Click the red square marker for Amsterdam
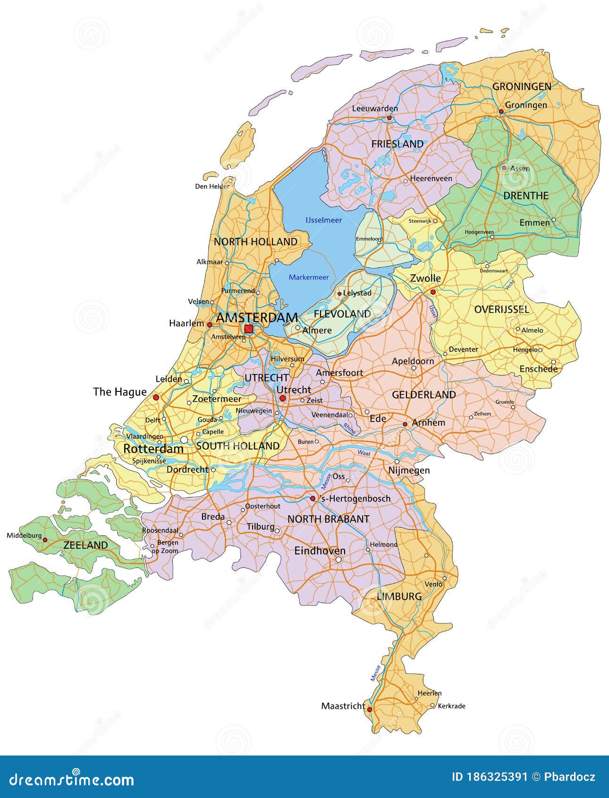tap(248, 329)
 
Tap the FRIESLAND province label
tap(397, 144)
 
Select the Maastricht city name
tap(343, 706)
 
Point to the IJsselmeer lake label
tap(323, 220)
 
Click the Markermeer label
tap(309, 277)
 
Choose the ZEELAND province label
tap(85, 545)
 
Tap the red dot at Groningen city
tap(501, 111)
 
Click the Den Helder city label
tap(212, 186)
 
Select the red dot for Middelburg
tap(45, 539)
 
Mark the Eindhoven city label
tap(320, 551)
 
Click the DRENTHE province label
tap(526, 195)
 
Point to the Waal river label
tap(364, 452)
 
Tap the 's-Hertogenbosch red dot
tap(313, 498)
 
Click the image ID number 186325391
tap(490, 777)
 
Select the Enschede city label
tap(538, 369)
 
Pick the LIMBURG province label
tap(399, 596)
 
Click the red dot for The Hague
tap(156, 398)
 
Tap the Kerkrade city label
tap(451, 706)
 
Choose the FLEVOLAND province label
tap(342, 314)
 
